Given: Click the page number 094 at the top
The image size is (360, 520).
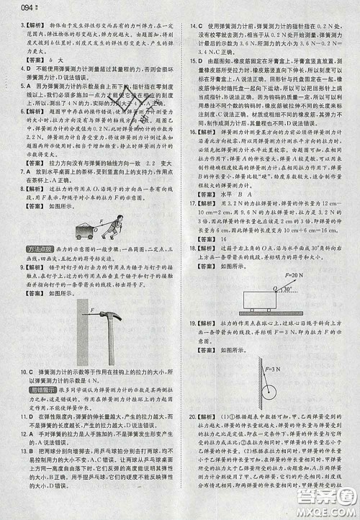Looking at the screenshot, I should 13,9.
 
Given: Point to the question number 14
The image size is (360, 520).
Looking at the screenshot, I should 192,27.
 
